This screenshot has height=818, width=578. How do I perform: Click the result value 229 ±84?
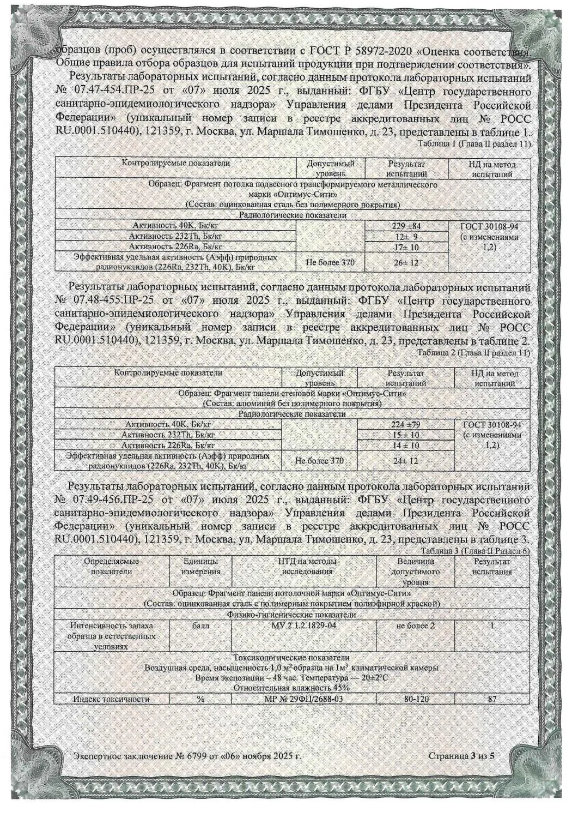(405, 226)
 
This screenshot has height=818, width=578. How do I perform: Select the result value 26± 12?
(405, 262)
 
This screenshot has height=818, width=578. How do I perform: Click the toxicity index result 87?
(492, 699)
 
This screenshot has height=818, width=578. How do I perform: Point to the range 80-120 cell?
(415, 699)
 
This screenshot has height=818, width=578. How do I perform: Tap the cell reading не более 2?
(416, 625)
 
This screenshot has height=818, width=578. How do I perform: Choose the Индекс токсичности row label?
(111, 699)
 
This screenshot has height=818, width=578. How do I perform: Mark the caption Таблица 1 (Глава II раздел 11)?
(473, 143)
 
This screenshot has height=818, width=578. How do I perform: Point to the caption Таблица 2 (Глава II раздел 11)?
(473, 353)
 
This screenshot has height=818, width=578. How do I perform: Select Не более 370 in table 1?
(330, 262)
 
